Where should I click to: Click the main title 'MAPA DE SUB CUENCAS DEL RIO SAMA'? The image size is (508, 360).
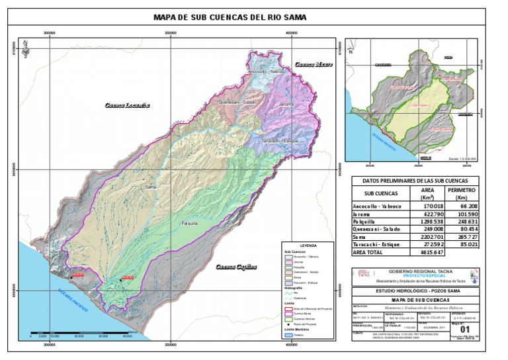click(x=230, y=18)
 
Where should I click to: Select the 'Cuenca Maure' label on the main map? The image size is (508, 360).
click(x=314, y=65)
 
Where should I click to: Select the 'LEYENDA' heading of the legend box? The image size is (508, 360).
click(x=308, y=246)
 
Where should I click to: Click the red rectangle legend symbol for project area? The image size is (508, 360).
click(x=288, y=309)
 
